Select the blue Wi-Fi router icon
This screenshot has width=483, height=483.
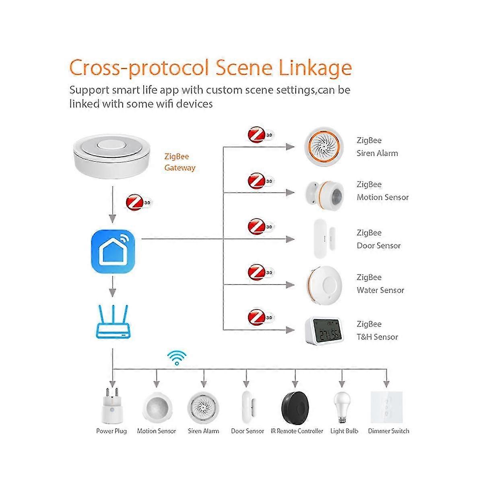coord(114,322)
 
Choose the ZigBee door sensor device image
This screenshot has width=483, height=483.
coord(324,239)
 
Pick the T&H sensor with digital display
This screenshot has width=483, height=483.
coord(324,330)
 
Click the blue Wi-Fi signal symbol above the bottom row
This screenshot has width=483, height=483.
coord(177,357)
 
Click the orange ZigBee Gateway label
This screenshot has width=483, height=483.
coord(180,162)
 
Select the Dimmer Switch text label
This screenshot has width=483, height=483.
coord(388,431)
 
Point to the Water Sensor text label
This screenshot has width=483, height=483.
coord(380,290)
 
